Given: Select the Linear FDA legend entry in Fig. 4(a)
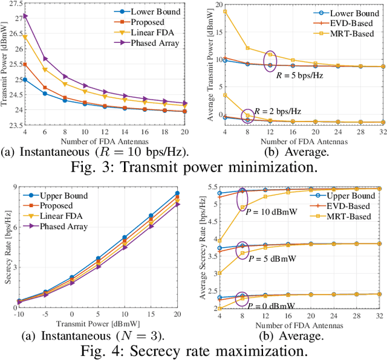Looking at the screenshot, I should point(65,216).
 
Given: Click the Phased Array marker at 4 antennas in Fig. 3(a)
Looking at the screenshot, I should point(25,16).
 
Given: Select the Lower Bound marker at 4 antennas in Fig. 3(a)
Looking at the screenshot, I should point(25,80).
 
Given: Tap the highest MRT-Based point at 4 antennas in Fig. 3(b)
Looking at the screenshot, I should point(224,11).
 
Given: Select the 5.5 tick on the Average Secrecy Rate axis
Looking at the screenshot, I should point(212,188).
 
